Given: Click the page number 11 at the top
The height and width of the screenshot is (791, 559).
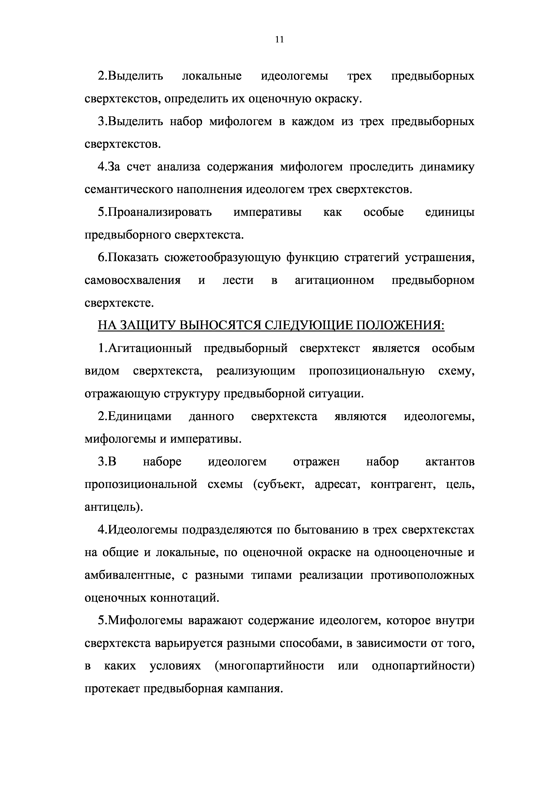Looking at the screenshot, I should pyautogui.click(x=280, y=40).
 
